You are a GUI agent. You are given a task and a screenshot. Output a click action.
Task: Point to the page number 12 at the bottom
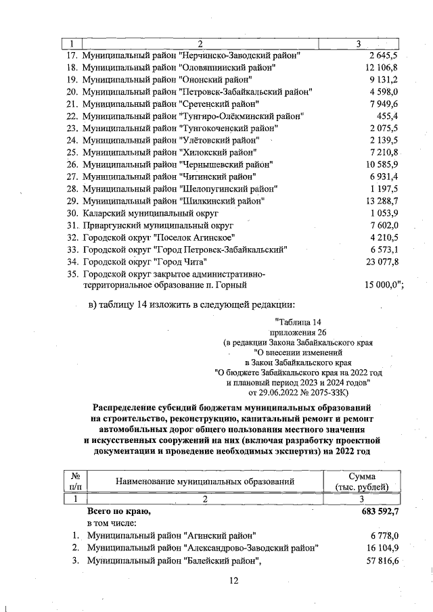pos(234,580)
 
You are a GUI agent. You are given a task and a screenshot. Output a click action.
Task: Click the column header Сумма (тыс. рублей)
pos(362,481)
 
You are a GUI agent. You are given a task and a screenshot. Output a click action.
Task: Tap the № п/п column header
pos(74,481)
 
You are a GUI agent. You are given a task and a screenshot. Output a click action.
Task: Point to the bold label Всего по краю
pos(118,512)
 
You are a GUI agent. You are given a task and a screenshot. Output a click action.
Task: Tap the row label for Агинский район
pos(171,536)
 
